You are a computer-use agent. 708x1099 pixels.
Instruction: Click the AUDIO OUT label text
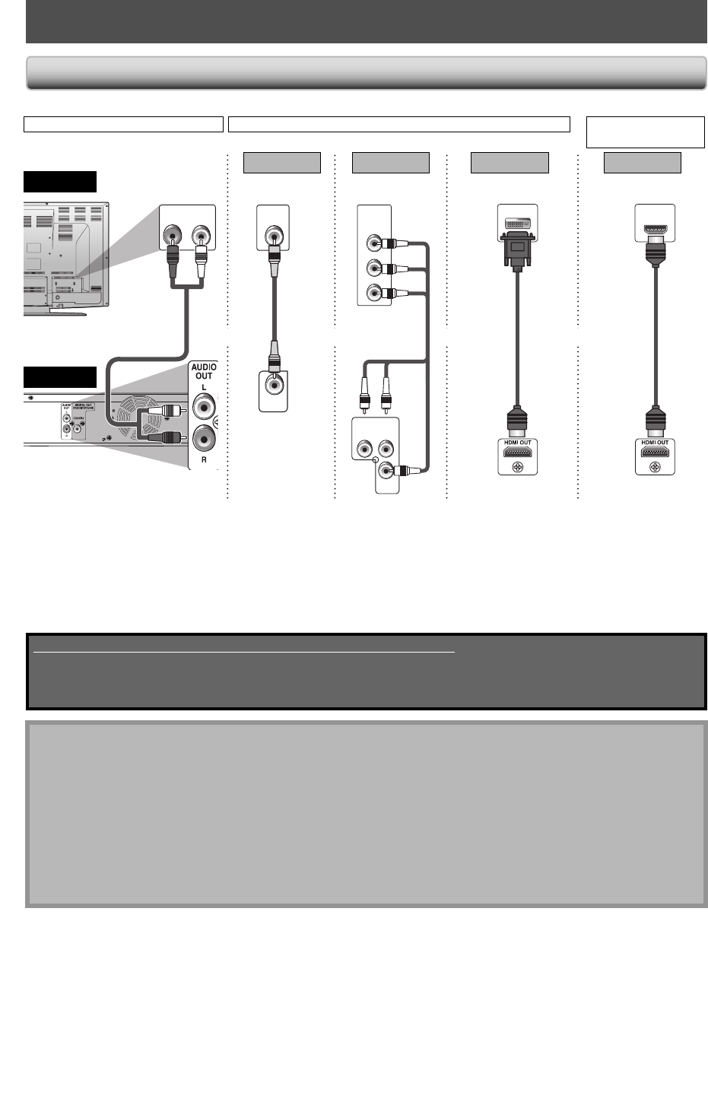tap(204, 371)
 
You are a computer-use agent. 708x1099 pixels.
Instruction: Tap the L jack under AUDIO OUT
tap(205, 408)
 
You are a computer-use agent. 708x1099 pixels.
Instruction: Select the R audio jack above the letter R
tap(205, 439)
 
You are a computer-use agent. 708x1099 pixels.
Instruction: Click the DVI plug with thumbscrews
tap(517, 247)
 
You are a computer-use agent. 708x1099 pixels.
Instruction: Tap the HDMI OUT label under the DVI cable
tap(517, 443)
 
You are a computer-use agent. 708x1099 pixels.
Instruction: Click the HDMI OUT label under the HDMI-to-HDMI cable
tap(655, 443)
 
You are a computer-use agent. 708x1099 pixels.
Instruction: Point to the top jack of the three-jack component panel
tap(373, 244)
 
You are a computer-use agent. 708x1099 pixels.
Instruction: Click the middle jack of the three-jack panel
tap(373, 268)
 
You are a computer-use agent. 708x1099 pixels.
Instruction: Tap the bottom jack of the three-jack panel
tap(373, 292)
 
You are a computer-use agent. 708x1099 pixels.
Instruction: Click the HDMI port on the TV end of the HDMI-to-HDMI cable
tap(655, 228)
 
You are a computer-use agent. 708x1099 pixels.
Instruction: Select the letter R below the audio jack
tap(204, 460)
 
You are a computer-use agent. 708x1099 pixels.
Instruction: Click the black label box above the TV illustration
tap(60, 182)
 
